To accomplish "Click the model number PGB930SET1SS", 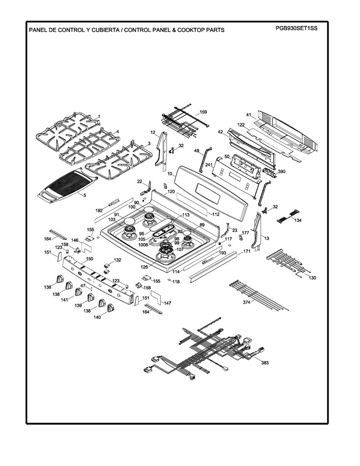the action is coord(296,28).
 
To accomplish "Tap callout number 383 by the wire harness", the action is coord(265,363).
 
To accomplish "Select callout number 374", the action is coord(246,302).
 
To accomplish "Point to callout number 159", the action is coord(203,112).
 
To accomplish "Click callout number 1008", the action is coord(143,245).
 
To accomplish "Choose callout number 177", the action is coord(245,233).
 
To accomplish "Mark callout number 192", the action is coord(99,210).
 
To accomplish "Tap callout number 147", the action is coord(167,303).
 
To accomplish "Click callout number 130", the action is coord(312,278).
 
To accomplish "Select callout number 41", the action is coord(249,115).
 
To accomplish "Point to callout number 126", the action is coord(144,268).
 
